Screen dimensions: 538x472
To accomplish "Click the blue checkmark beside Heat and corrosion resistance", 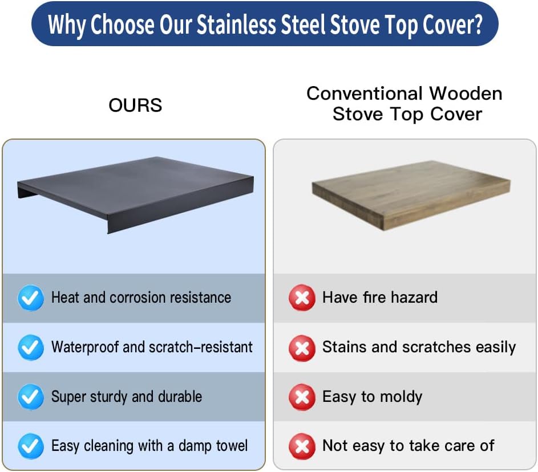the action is point(31,298).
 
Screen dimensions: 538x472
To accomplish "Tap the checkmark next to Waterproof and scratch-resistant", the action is point(31,347).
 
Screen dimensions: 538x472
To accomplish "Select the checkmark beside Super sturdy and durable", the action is point(31,397).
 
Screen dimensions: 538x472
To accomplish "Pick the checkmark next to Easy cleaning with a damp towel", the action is point(31,446).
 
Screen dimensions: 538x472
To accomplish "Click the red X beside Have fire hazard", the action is point(302,298).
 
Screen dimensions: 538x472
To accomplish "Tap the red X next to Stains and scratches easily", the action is point(302,348).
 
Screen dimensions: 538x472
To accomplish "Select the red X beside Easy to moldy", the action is point(302,397).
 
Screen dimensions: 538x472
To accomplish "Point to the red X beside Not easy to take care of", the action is point(302,447).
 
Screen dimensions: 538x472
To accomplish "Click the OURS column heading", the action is point(135,105).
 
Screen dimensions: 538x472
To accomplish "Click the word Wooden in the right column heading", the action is point(466,93).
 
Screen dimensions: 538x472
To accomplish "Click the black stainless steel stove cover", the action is point(135,193).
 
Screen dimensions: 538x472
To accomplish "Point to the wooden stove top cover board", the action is point(411,194).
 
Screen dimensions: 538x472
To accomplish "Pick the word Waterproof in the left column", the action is point(85,347).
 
